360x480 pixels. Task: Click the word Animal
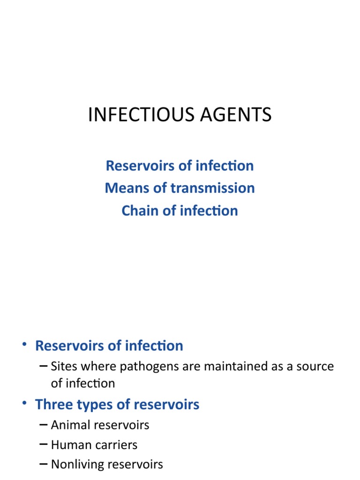click(70, 425)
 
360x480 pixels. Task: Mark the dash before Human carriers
click(44, 445)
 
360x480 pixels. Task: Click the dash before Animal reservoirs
click(44, 425)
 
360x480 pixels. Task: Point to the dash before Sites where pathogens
click(44, 366)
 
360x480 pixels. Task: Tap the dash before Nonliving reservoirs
click(44, 465)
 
